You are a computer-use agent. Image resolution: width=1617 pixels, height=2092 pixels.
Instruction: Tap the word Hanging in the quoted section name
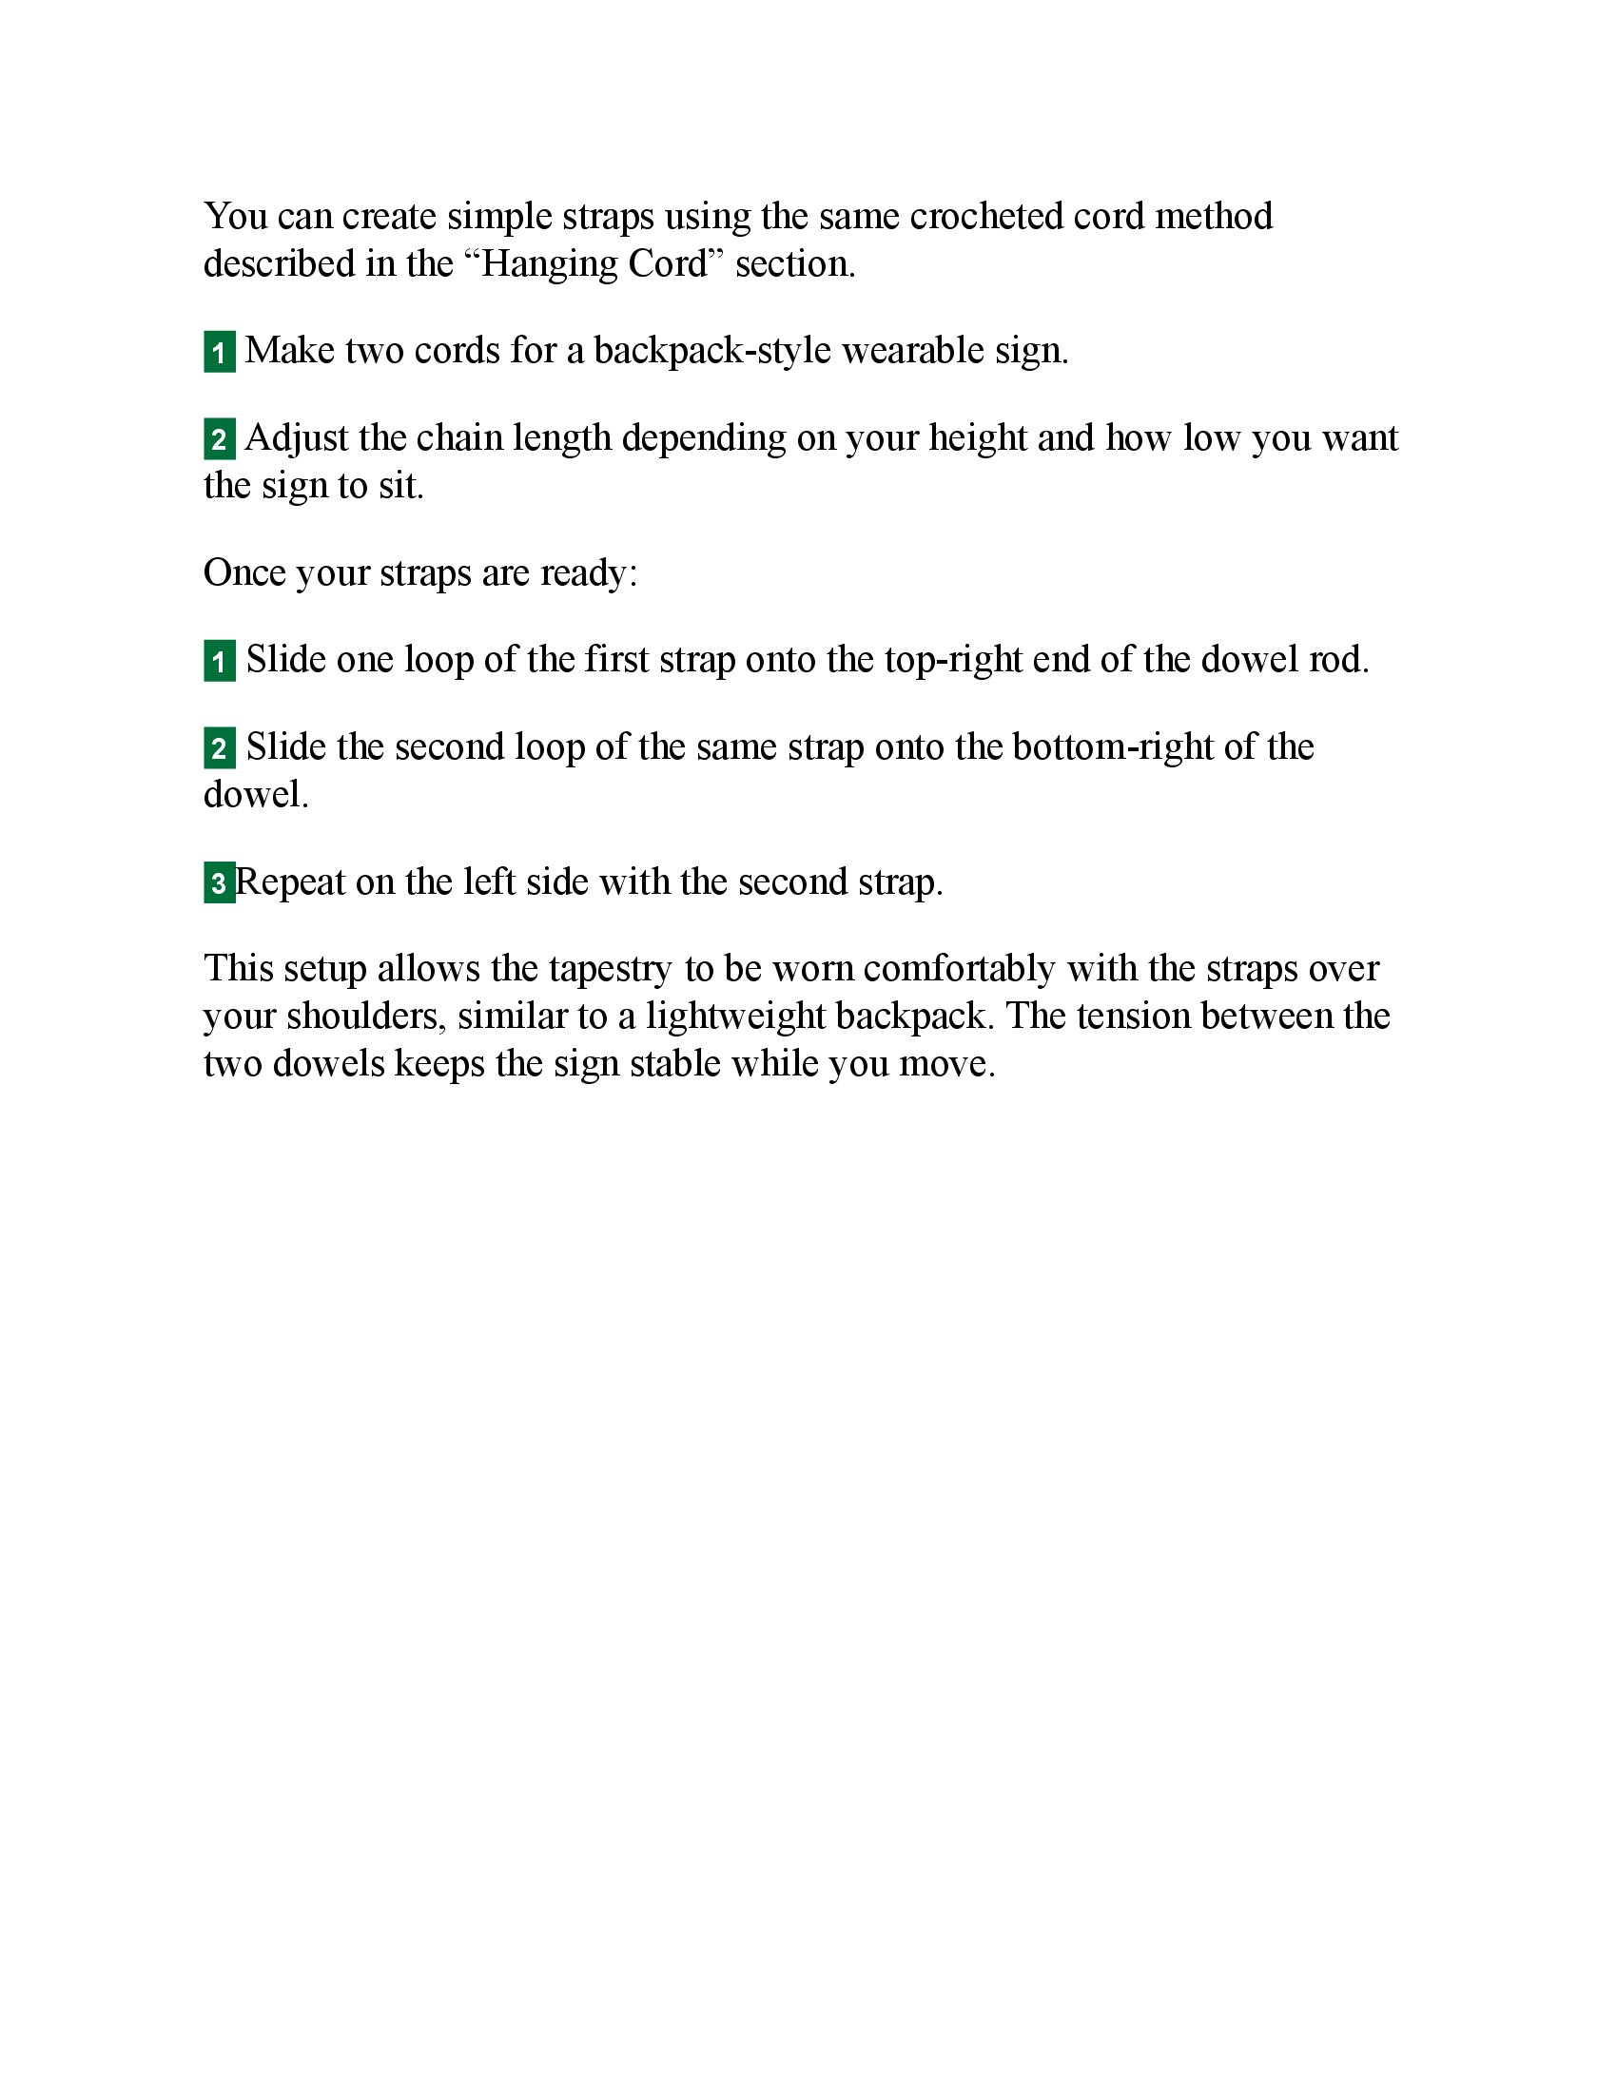coord(548,264)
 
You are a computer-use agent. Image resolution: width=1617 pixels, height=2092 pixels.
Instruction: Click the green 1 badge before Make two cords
coord(220,353)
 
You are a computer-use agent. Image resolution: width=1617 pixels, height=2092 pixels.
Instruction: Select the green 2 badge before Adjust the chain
coord(220,439)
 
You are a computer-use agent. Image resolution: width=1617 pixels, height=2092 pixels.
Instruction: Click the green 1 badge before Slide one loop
coord(220,661)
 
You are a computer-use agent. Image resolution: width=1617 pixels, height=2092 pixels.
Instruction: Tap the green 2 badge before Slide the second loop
coord(220,748)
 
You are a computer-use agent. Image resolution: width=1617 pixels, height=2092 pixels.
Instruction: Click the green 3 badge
coord(219,882)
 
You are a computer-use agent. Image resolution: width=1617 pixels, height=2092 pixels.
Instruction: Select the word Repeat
coord(290,882)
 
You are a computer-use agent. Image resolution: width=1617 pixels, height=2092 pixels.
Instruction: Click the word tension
coord(1132,1017)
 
